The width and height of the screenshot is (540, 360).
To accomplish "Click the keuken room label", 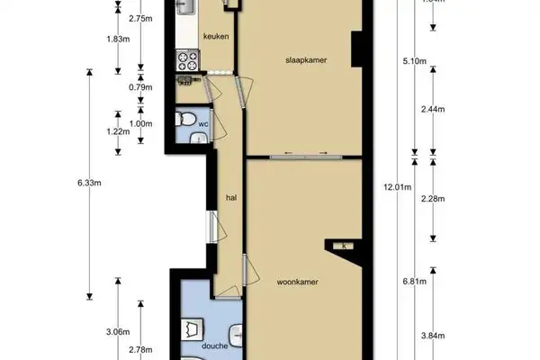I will point(215,37).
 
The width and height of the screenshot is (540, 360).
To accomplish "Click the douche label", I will point(214,346).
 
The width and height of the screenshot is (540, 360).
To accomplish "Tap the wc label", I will point(204,123).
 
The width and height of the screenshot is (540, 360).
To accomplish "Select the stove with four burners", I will point(187,60).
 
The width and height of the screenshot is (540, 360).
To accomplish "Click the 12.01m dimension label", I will point(396,187).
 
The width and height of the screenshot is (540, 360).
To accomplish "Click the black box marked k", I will point(342,246).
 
